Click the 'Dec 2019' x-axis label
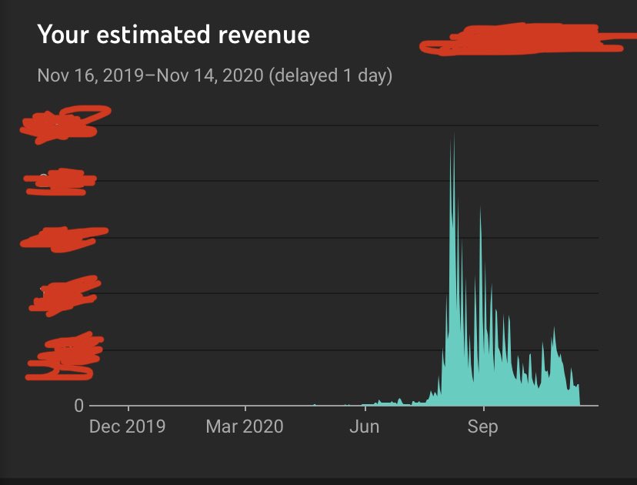tap(127, 426)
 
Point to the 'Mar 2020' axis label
tap(245, 426)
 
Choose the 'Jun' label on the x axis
tap(364, 426)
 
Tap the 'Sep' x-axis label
tap(482, 426)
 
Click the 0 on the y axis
tap(78, 406)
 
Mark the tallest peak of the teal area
tap(452, 134)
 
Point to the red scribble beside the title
tap(523, 39)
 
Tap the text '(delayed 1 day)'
tap(331, 76)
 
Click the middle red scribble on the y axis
tap(62, 239)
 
